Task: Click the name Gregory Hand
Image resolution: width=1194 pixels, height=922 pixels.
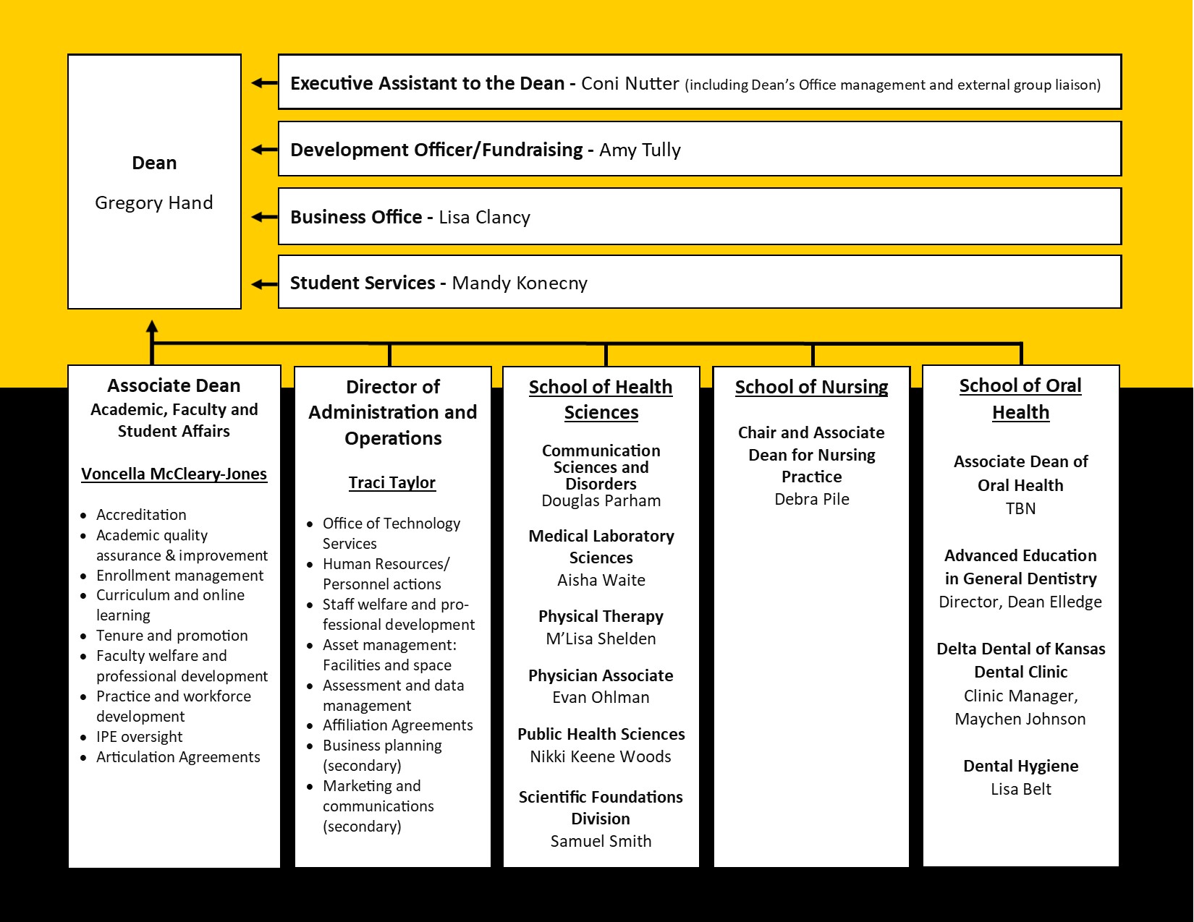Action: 154,202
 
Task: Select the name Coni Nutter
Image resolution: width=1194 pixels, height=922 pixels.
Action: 630,83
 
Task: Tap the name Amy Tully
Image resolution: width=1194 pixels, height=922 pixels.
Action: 640,150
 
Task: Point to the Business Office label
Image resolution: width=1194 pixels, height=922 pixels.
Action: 356,217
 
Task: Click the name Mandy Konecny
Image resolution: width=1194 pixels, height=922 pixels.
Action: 520,283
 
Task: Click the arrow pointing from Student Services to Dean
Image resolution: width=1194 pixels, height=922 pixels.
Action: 264,284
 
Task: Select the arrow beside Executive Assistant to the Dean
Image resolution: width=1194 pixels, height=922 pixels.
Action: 264,83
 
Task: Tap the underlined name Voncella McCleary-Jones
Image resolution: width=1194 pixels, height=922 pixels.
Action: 174,474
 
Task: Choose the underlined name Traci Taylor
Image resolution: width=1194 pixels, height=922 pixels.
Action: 392,482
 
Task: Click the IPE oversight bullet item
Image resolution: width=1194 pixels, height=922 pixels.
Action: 139,736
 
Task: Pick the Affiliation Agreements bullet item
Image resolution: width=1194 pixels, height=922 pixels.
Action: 397,725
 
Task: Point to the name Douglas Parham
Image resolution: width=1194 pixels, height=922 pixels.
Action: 601,501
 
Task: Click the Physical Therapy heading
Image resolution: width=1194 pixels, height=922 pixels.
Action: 601,616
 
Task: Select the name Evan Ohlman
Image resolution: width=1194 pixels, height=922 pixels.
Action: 601,697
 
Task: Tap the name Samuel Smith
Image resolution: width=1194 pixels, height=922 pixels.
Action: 601,841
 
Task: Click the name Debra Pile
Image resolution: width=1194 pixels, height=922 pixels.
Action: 812,499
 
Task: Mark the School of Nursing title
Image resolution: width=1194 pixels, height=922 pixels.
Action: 812,387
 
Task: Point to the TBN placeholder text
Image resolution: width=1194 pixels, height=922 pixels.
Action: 1020,508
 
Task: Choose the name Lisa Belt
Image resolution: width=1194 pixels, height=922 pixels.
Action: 1020,789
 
